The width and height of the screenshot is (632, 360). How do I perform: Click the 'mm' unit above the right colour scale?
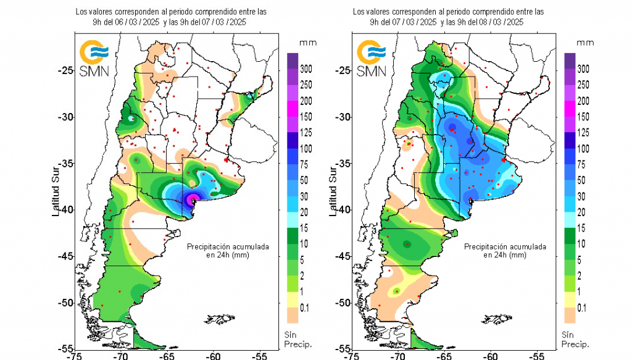pos(586,43)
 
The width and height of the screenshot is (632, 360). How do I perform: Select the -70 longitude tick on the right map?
pos(397,356)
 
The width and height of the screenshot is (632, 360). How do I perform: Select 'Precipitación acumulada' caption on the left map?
pos(228,246)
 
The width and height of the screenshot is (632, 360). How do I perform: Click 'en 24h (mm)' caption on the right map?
pos(505,254)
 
